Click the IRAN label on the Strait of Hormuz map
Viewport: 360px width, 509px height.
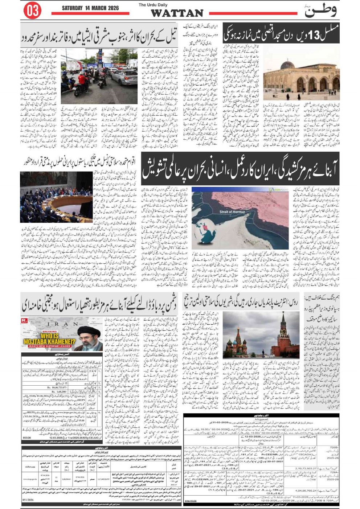[273, 205]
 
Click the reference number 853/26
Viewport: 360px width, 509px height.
[27, 438]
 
